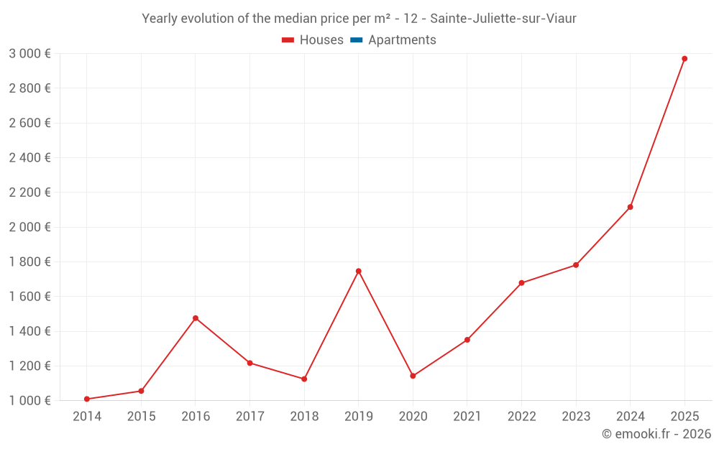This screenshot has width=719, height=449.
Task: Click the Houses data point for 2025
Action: (x=684, y=59)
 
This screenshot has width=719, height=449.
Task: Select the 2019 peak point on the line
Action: (x=358, y=271)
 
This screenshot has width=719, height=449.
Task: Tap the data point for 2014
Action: (x=86, y=399)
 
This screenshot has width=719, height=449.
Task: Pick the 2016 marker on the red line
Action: (x=196, y=318)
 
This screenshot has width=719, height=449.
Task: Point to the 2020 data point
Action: (x=413, y=376)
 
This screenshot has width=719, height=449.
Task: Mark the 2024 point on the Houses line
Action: (x=630, y=207)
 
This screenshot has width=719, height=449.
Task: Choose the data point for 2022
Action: (x=521, y=283)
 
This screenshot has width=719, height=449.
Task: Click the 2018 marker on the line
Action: (x=304, y=379)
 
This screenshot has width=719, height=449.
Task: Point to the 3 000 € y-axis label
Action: (x=29, y=54)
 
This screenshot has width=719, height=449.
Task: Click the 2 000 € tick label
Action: (x=29, y=227)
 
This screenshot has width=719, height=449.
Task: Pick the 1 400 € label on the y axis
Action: (x=29, y=331)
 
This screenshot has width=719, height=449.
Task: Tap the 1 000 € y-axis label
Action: (x=29, y=400)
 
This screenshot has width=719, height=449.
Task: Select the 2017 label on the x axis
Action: (x=249, y=417)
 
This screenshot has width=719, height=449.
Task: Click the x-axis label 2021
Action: (x=467, y=417)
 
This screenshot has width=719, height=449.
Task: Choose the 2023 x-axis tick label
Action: (x=575, y=417)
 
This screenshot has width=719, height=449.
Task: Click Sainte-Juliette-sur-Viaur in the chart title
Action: (x=503, y=19)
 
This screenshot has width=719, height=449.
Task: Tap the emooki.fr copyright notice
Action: (x=656, y=434)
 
